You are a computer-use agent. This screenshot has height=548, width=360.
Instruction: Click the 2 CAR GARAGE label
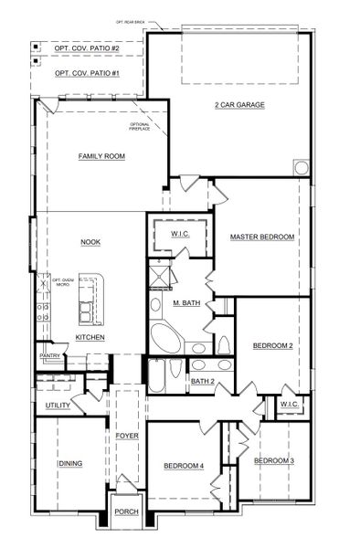click(x=239, y=105)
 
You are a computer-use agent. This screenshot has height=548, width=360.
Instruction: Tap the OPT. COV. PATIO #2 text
click(x=87, y=47)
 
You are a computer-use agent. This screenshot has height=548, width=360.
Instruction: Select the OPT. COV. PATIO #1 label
click(x=87, y=72)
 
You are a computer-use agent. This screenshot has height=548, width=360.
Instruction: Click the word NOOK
click(x=90, y=242)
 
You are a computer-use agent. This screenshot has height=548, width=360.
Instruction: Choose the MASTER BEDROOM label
click(x=262, y=237)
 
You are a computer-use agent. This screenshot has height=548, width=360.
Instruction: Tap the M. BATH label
click(x=186, y=302)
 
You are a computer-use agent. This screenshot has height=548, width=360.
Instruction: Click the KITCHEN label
click(x=90, y=338)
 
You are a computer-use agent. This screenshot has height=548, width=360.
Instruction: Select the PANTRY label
click(x=48, y=355)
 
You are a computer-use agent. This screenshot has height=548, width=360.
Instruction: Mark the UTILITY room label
click(x=58, y=406)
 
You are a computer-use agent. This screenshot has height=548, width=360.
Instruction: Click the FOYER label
click(x=126, y=436)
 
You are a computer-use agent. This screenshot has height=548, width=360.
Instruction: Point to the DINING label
click(x=70, y=463)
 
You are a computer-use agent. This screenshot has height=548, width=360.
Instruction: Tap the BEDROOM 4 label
click(x=184, y=466)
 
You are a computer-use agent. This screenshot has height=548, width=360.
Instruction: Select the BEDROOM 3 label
click(x=274, y=460)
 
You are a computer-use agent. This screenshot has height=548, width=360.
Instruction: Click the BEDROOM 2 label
click(x=272, y=345)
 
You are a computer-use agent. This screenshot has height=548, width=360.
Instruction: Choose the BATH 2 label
click(x=203, y=381)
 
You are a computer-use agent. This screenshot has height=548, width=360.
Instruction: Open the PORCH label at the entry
click(x=127, y=511)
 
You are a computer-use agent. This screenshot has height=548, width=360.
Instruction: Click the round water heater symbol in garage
click(x=300, y=168)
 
